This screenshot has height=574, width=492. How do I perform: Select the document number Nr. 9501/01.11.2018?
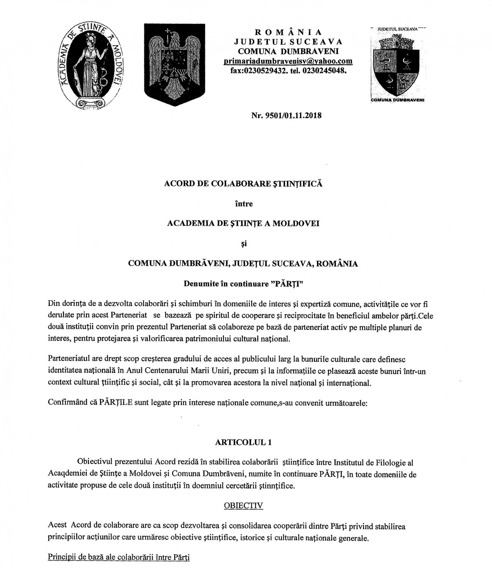point(287,115)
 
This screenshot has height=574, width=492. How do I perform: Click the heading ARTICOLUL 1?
point(243,442)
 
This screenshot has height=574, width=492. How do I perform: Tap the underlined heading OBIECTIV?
point(244,505)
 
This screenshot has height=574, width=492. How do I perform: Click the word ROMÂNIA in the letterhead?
point(288,32)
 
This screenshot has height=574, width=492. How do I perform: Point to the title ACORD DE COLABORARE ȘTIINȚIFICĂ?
point(243,184)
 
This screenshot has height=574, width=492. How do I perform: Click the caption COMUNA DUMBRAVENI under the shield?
point(397,100)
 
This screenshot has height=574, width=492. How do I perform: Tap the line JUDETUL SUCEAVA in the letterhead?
point(288,41)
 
